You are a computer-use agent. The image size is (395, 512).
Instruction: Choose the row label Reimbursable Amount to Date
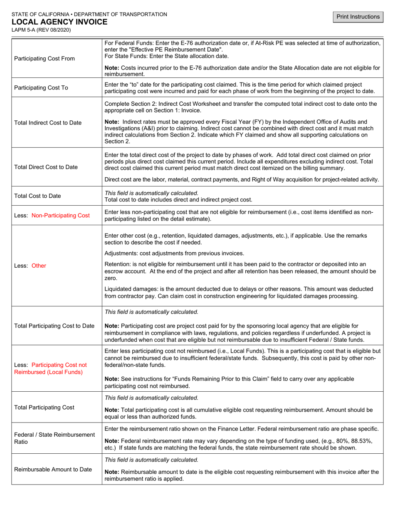53,470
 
